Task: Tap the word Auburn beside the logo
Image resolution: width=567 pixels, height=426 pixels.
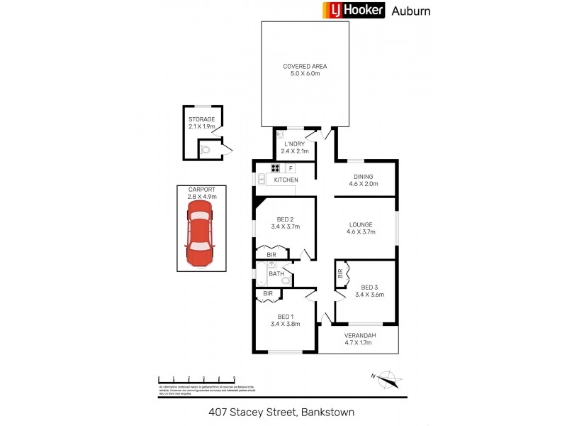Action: tap(412, 11)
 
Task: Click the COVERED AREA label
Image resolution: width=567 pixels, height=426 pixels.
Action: tap(305, 67)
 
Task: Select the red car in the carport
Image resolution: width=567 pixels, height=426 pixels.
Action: tap(200, 233)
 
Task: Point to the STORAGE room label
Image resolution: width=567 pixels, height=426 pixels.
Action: tap(201, 119)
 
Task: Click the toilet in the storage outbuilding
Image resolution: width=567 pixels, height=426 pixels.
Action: tap(206, 149)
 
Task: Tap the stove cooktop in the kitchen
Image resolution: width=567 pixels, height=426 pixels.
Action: tap(274, 168)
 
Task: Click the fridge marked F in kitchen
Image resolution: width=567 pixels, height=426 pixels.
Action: tap(291, 168)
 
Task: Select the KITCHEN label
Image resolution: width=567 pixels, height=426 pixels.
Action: tap(286, 180)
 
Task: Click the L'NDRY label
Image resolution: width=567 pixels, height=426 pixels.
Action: tap(294, 144)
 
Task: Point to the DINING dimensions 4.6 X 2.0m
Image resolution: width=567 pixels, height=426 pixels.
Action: tap(363, 185)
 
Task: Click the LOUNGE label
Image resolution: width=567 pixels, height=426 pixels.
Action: tap(360, 224)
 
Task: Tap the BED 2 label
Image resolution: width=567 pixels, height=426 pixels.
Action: tap(286, 219)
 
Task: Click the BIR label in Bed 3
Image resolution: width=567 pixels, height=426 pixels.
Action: tap(340, 272)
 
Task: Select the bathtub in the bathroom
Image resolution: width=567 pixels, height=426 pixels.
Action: tap(262, 274)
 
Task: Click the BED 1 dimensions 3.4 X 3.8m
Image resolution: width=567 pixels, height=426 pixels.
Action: tap(285, 324)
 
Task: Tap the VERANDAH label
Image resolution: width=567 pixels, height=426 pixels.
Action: tap(359, 335)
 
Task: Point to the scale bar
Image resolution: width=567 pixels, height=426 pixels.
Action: tap(196, 379)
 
